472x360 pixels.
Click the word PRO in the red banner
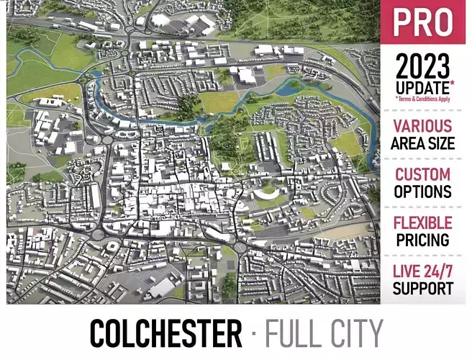click(423, 23)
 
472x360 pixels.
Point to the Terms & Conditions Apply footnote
click(422, 99)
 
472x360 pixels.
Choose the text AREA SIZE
click(422, 143)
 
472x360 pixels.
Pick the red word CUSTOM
click(422, 174)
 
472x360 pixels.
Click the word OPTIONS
click(422, 192)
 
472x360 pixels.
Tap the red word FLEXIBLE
click(422, 222)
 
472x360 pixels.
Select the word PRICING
click(422, 240)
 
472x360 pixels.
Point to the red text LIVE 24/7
click(422, 271)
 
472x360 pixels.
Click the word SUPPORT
click(422, 288)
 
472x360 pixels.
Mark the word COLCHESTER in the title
click(165, 334)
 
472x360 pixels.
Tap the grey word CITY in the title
click(355, 334)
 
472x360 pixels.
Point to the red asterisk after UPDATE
click(453, 84)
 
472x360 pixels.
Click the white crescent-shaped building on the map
click(265, 194)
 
